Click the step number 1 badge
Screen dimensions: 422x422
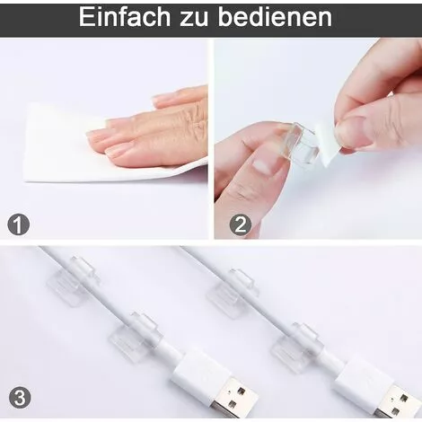tap(18, 224)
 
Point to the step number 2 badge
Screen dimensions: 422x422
tap(240, 224)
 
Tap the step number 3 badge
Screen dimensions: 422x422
tap(18, 396)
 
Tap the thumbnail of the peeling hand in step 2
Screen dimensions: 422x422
tap(356, 131)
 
